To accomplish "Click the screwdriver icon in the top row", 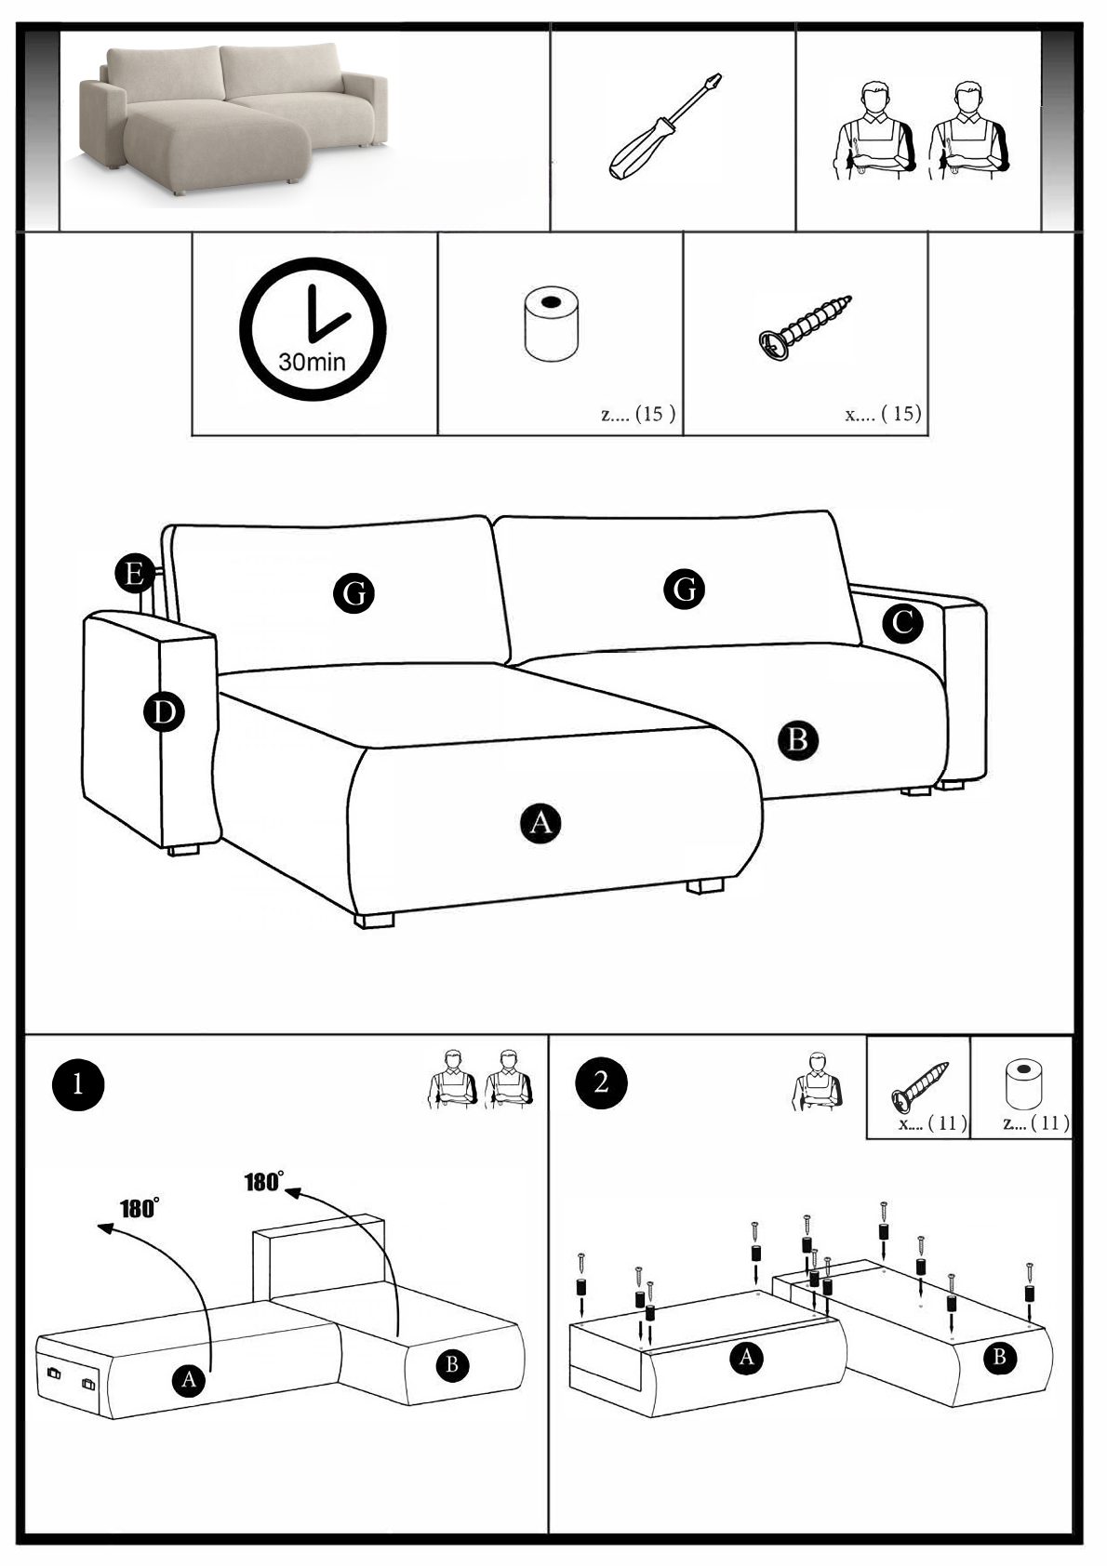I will (665, 126).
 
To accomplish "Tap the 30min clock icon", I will (313, 329).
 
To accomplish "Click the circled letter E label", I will (135, 573).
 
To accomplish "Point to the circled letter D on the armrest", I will (164, 712).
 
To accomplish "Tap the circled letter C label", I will (902, 622).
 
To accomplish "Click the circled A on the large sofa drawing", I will (540, 822).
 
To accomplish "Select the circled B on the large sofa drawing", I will (797, 740).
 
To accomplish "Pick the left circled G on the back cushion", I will (353, 592).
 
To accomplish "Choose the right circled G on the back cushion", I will (684, 588).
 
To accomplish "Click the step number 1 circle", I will (78, 1083).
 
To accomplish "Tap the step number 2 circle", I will (601, 1082).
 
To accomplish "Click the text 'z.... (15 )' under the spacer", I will (638, 414).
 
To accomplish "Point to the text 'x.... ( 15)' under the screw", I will (883, 413).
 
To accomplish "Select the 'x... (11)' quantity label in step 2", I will (932, 1123).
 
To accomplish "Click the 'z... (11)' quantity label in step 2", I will (1035, 1123).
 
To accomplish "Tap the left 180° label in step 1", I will (139, 1208).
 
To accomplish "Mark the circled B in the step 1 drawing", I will (452, 1364).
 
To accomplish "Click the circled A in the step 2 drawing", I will (746, 1358).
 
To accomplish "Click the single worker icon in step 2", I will (818, 1082).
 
